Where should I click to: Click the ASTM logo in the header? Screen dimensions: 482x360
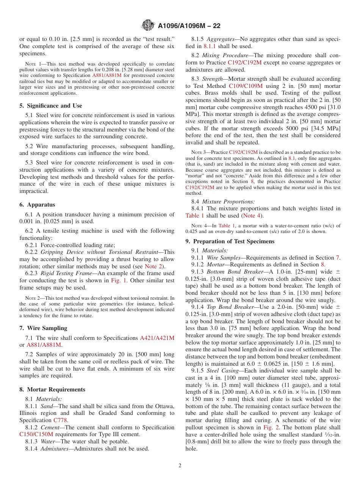(x=148, y=25)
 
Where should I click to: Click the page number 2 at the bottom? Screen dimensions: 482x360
(x=180, y=465)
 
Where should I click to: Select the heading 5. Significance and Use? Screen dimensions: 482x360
(x=51, y=106)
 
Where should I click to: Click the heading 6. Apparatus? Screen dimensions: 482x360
(x=37, y=205)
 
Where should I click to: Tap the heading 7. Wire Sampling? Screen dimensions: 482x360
(x=43, y=328)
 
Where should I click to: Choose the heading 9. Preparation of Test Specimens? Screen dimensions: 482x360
(x=230, y=241)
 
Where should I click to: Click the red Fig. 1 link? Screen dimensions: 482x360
(x=117, y=280)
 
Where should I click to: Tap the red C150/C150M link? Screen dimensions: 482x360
(x=36, y=434)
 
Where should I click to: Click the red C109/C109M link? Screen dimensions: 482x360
(x=246, y=86)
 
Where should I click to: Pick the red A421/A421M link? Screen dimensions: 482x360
(x=157, y=338)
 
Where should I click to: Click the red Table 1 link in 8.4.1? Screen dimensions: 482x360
(x=195, y=216)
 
